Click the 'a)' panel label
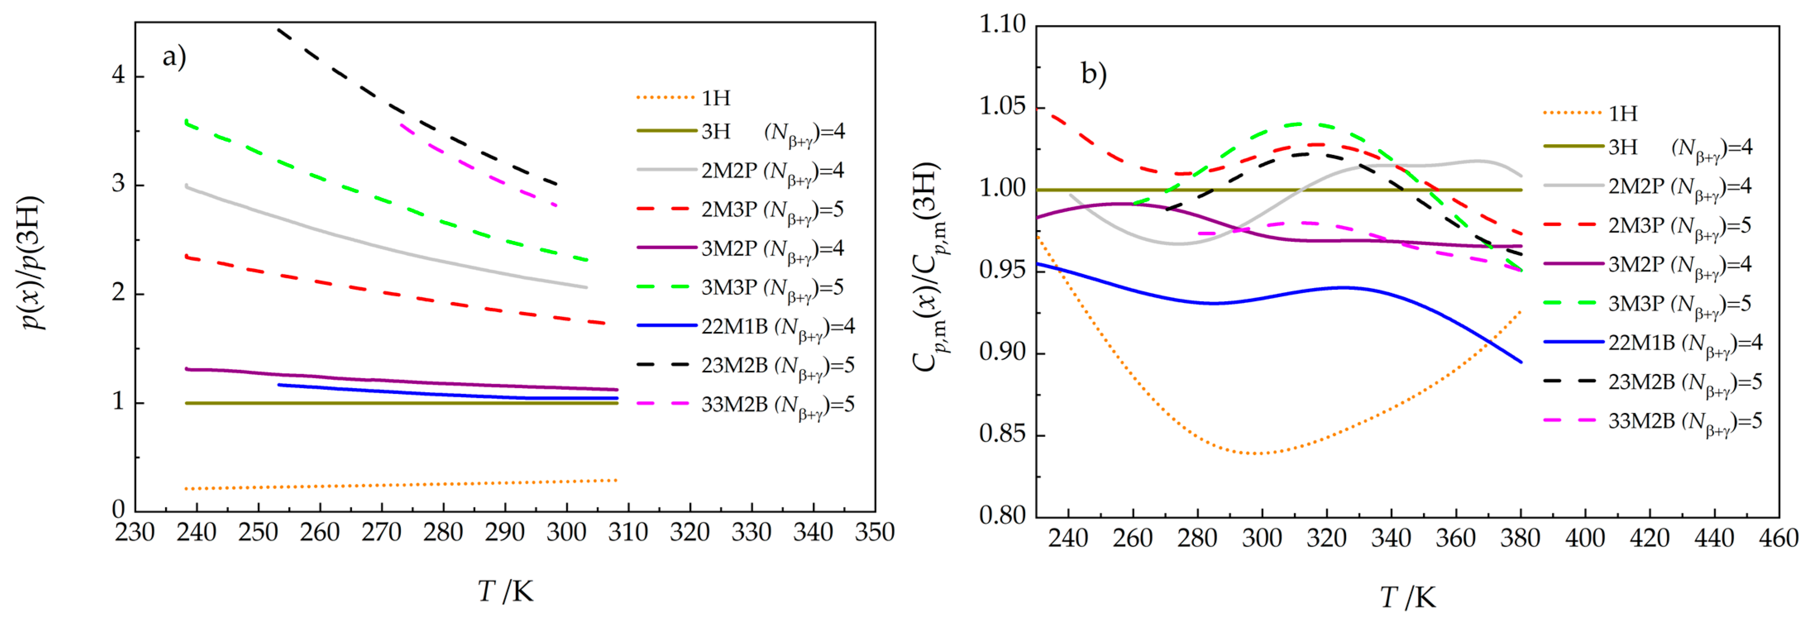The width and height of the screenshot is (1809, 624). pos(174,57)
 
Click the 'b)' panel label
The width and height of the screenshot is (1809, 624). pos(1093,73)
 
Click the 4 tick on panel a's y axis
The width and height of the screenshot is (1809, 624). pos(119,75)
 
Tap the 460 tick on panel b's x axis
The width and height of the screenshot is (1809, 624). pos(1778,538)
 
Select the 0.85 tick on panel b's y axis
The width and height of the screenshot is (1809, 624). pos(1002,434)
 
